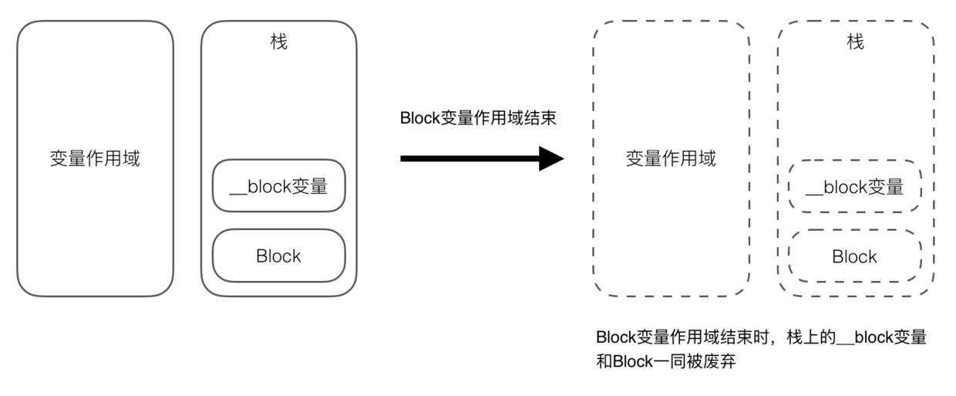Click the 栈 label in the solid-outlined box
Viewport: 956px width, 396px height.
point(278,42)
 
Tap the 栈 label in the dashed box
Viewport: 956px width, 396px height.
point(855,42)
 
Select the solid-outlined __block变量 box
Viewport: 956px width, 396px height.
point(278,185)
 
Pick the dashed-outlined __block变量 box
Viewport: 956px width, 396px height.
point(855,186)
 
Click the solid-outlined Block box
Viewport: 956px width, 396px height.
point(278,256)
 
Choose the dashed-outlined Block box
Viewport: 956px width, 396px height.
point(855,256)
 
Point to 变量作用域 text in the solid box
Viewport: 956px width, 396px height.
point(94,160)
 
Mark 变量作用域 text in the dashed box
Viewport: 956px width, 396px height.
point(671,160)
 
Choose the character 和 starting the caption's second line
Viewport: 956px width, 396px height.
point(604,360)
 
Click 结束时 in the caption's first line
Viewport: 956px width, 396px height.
point(751,338)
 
